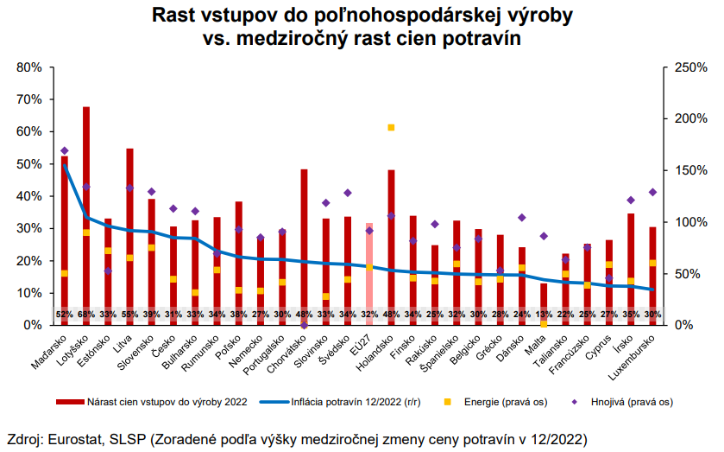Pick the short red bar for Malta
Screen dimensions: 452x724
pyautogui.click(x=544, y=298)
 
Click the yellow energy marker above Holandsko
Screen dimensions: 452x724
pyautogui.click(x=391, y=127)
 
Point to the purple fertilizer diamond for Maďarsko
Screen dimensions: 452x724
pyautogui.click(x=64, y=151)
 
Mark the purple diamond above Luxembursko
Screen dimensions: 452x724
pyautogui.click(x=652, y=192)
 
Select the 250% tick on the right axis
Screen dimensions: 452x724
pyautogui.click(x=686, y=67)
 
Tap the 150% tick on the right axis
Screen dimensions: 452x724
pyautogui.click(x=686, y=170)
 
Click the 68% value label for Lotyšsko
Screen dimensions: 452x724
pyautogui.click(x=86, y=314)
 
